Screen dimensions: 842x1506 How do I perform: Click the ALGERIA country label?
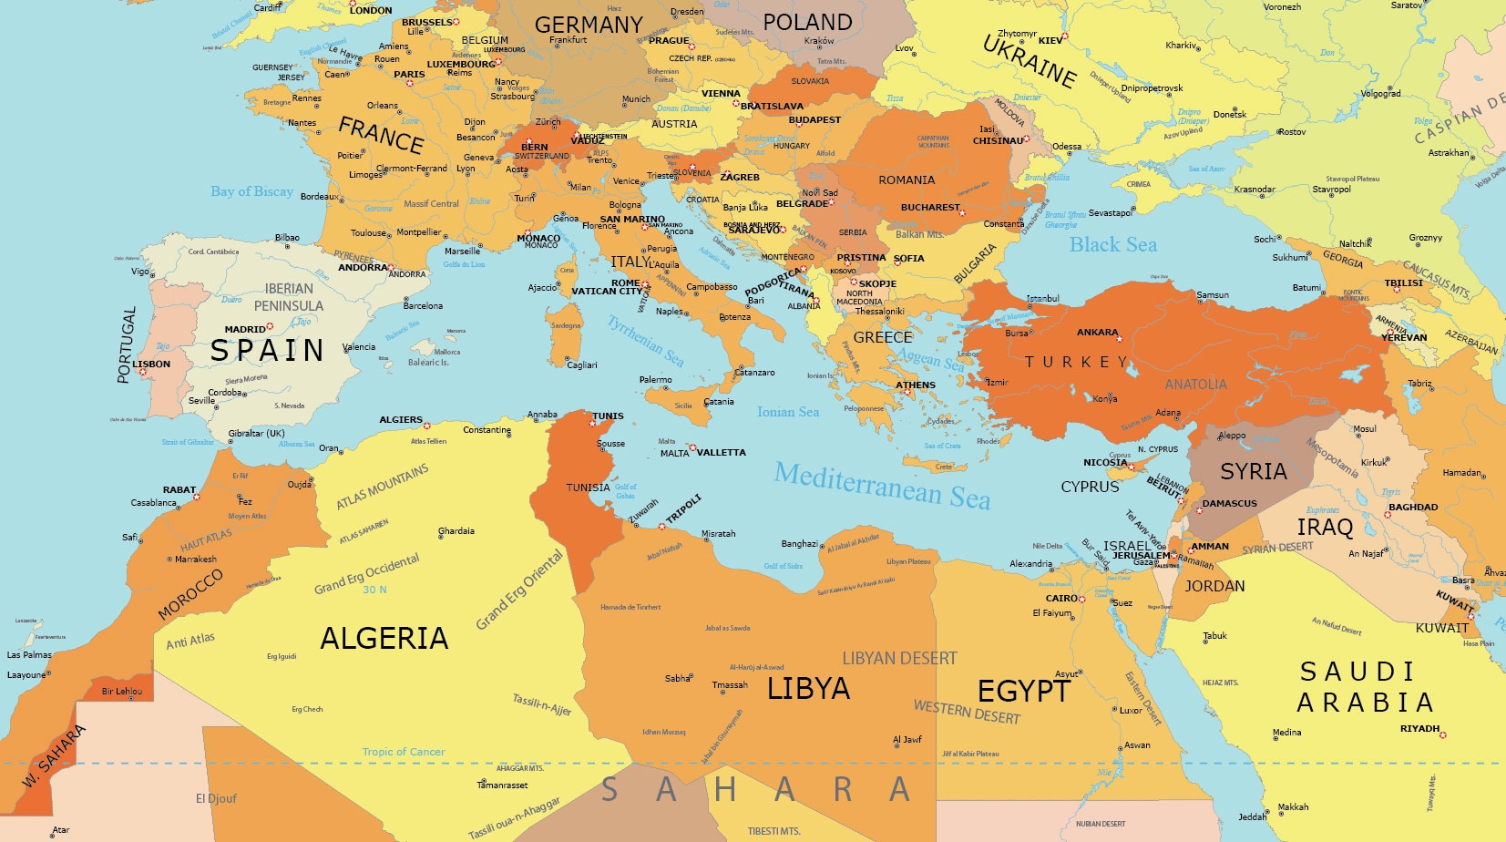tap(384, 639)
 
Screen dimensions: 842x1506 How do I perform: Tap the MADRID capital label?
tap(244, 329)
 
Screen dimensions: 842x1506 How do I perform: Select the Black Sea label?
tap(1112, 245)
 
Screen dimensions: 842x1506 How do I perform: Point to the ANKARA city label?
tap(1096, 333)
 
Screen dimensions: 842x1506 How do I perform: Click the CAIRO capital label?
tap(1060, 599)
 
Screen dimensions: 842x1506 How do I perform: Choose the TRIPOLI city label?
tap(683, 509)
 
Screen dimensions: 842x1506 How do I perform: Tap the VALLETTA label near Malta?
tap(721, 452)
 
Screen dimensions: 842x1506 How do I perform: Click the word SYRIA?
tap(1253, 472)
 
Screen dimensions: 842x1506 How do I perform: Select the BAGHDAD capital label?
tap(1412, 507)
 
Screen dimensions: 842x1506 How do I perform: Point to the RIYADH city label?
tap(1419, 728)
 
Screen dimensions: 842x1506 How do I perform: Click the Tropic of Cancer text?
tap(404, 752)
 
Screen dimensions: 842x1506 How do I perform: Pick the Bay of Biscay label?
tap(251, 191)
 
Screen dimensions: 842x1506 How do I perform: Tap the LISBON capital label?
tap(151, 364)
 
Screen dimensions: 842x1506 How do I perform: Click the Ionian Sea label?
tap(787, 412)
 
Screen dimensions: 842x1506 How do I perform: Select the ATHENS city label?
tap(915, 385)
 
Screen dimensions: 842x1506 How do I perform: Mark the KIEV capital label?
tap(1050, 40)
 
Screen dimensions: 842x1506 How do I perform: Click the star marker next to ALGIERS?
tap(426, 426)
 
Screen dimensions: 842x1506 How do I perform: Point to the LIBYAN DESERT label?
tap(899, 658)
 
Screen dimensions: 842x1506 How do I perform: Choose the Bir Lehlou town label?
tap(121, 691)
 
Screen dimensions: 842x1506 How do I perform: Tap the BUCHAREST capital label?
tap(929, 207)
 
